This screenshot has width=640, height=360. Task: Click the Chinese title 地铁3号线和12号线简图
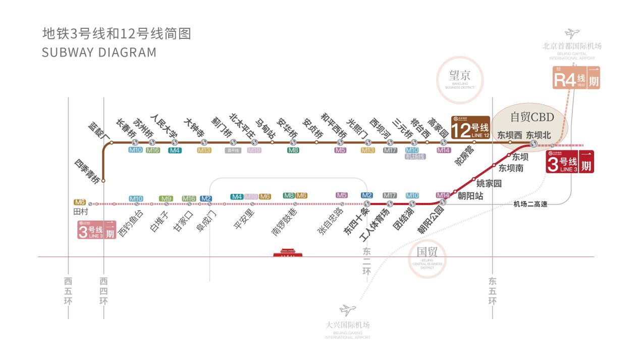click(x=117, y=33)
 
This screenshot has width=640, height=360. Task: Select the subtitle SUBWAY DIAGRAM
click(x=99, y=53)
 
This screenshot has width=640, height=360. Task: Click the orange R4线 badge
click(x=576, y=80)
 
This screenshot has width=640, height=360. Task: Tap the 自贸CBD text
click(x=532, y=117)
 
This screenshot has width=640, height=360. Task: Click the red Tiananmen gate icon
click(x=287, y=252)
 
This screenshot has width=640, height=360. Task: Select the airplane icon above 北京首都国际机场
click(x=572, y=34)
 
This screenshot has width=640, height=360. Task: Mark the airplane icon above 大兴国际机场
click(x=347, y=310)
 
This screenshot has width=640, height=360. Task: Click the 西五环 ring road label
click(x=68, y=290)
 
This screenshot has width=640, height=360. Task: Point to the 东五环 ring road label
click(x=492, y=290)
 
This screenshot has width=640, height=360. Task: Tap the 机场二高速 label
click(x=530, y=204)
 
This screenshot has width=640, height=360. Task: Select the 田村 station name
click(x=81, y=212)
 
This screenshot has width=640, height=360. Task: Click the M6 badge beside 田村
click(x=80, y=201)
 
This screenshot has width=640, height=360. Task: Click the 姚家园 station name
click(x=489, y=184)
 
